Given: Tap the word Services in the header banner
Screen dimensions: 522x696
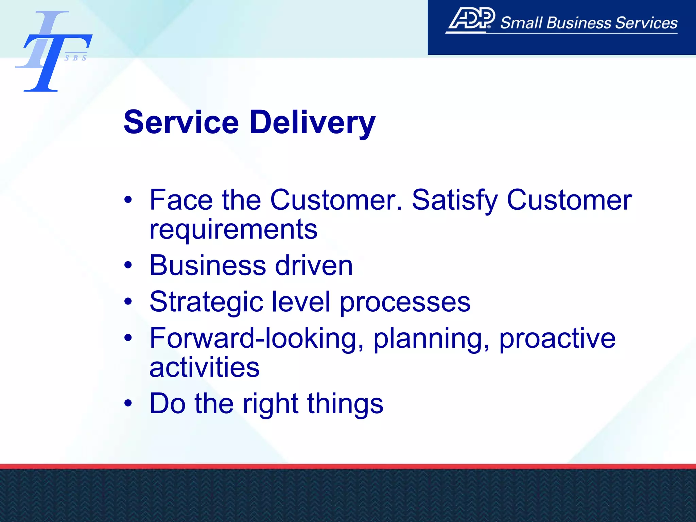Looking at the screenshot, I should (x=646, y=23).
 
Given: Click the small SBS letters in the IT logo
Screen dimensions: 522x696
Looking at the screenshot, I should (x=75, y=58).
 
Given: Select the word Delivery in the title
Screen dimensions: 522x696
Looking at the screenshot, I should (x=312, y=123).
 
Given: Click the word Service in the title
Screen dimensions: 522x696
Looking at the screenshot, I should (x=181, y=123).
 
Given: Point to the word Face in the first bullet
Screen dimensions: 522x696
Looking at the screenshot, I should (x=181, y=200).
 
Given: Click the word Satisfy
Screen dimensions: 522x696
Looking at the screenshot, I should (x=455, y=200).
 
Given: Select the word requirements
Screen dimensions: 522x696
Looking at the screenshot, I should (x=233, y=230).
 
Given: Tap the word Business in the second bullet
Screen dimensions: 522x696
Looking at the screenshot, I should (x=208, y=265).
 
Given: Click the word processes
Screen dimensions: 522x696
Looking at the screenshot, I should (x=405, y=302).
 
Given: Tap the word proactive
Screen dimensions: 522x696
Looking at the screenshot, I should (x=557, y=338).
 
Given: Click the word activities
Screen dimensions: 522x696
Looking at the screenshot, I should (x=204, y=367).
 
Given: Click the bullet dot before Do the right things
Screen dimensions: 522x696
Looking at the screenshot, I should (x=128, y=403).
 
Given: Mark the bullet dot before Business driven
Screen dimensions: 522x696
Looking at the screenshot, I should (x=128, y=265).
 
